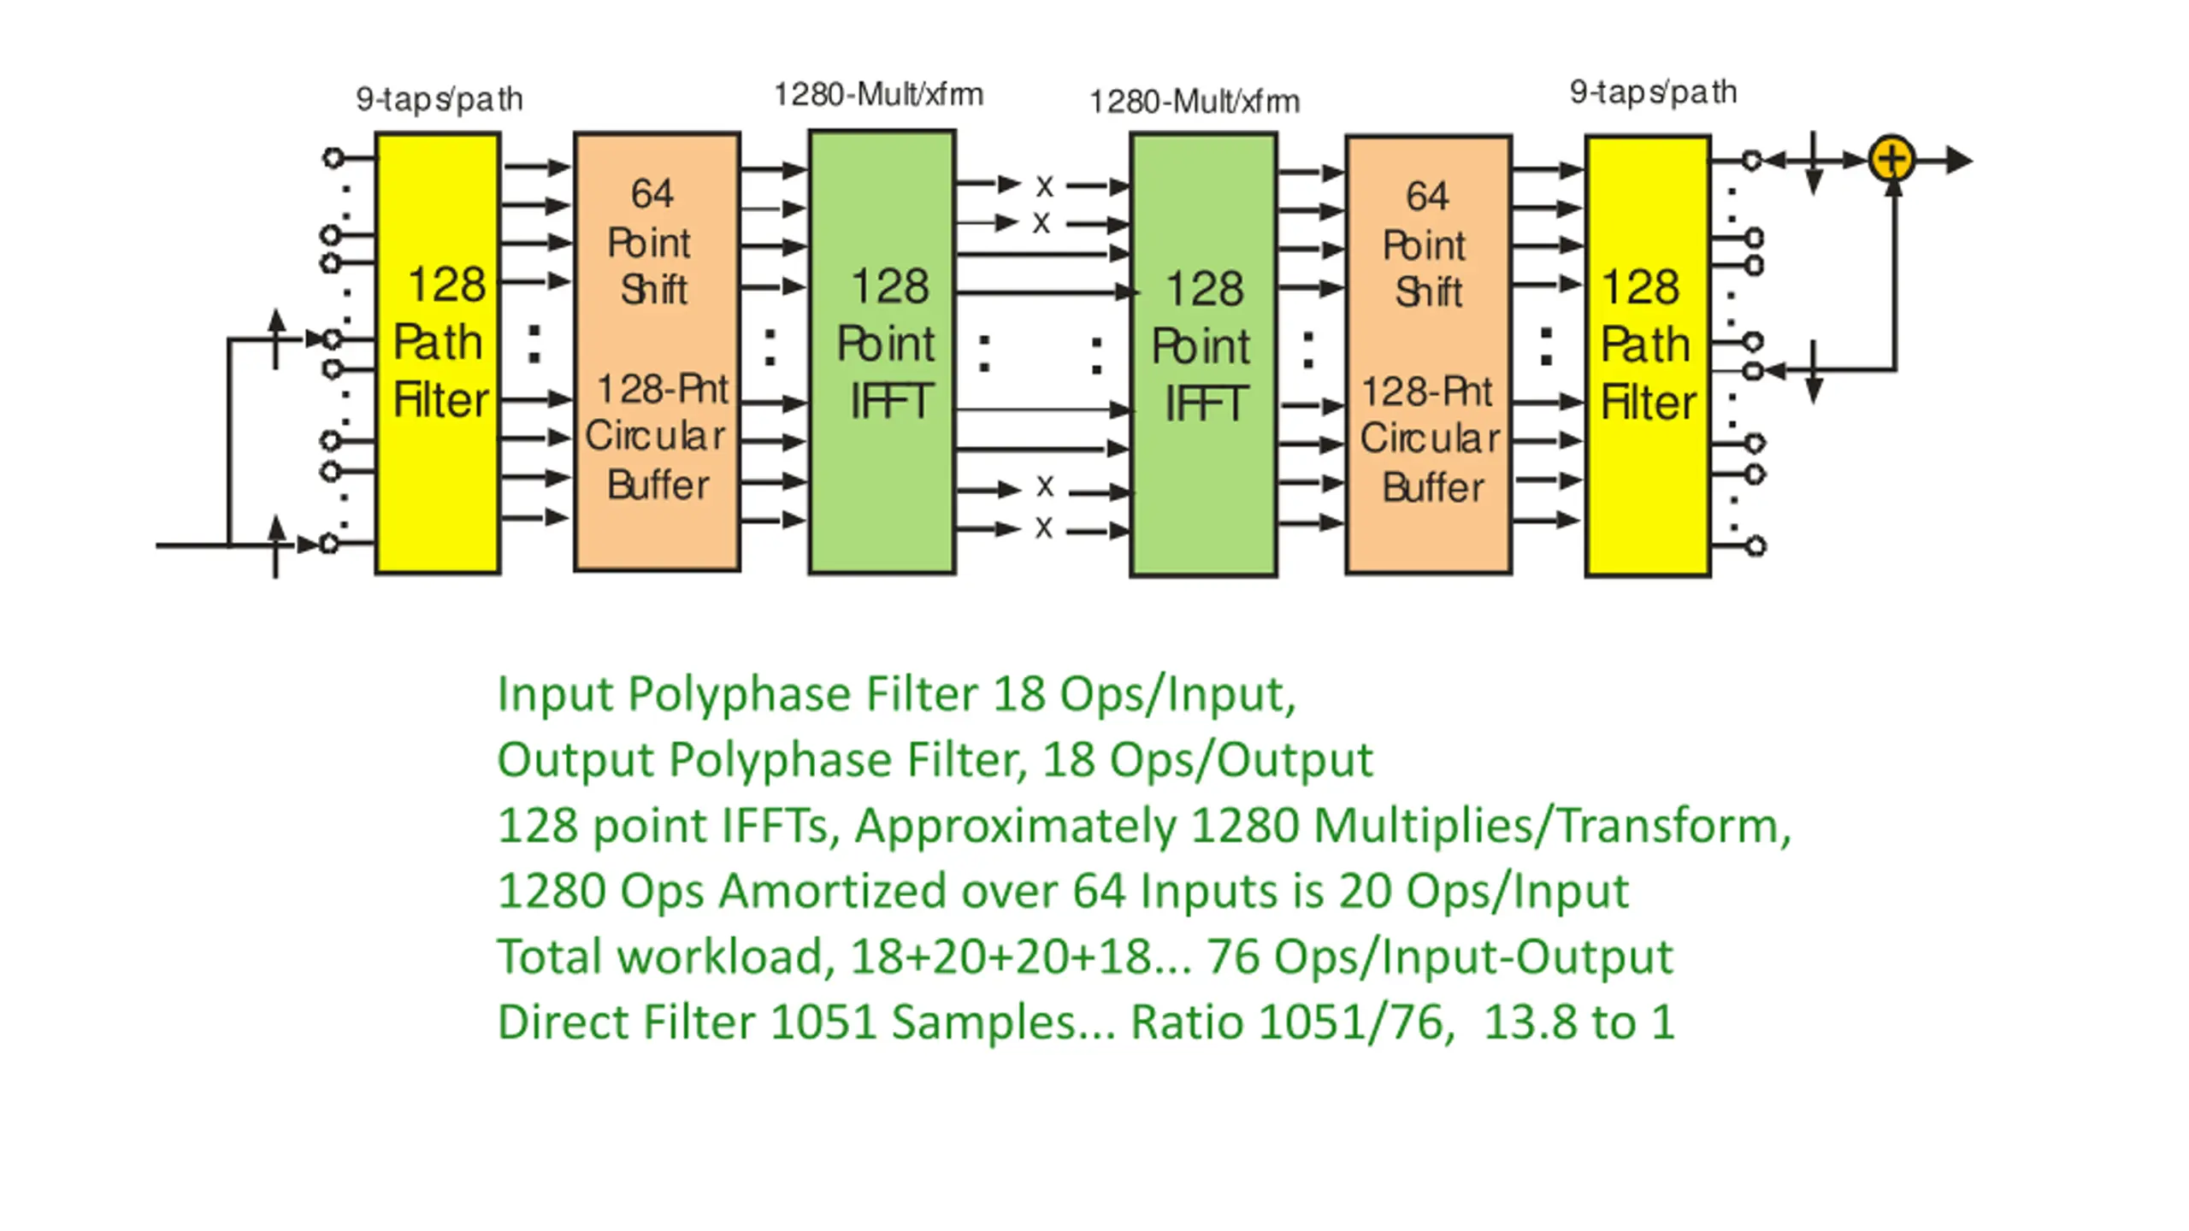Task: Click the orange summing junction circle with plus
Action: click(x=1891, y=160)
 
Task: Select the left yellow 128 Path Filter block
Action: click(x=438, y=352)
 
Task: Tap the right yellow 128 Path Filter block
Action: click(x=1648, y=355)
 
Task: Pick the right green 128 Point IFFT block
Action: click(x=1203, y=354)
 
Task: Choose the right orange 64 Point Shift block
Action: click(x=1429, y=354)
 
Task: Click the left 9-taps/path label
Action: click(x=440, y=99)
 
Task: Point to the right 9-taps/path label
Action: click(x=1653, y=92)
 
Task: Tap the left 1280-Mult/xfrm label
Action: click(x=878, y=94)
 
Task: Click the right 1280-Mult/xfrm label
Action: click(x=1195, y=102)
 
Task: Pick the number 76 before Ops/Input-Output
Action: click(x=1232, y=957)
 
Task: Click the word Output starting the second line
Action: click(x=575, y=760)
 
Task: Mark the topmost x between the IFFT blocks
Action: click(x=1044, y=186)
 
